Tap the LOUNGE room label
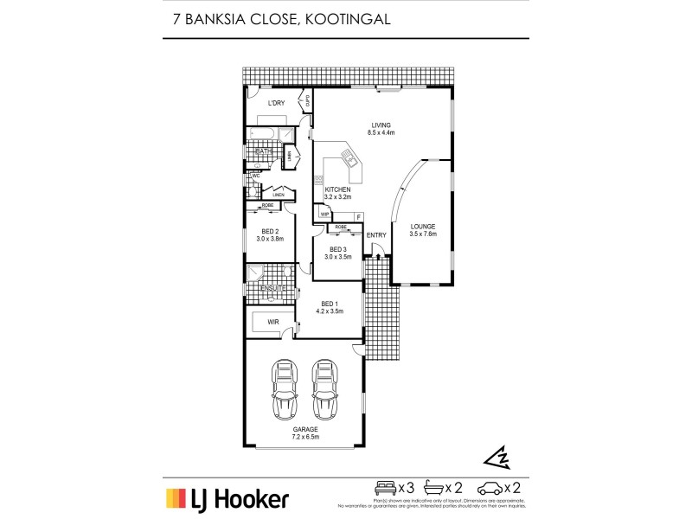pyautogui.click(x=423, y=227)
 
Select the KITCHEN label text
pyautogui.click(x=336, y=189)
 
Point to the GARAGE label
pyautogui.click(x=304, y=429)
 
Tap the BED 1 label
pyautogui.click(x=329, y=303)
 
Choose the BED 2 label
pyautogui.click(x=270, y=231)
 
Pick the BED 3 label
pyautogui.click(x=338, y=249)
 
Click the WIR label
pyautogui.click(x=273, y=322)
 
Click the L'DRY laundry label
pyautogui.click(x=277, y=104)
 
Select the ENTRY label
pyautogui.click(x=376, y=235)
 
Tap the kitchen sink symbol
pyautogui.click(x=349, y=157)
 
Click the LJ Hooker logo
pyautogui.click(x=227, y=498)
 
